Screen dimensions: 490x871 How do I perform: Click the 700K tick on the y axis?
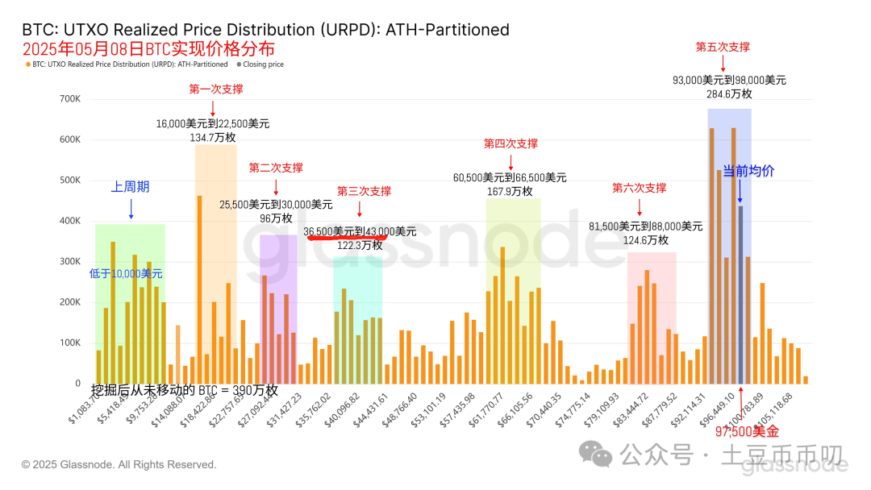coord(68,99)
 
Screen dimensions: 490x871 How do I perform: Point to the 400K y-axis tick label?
coord(68,221)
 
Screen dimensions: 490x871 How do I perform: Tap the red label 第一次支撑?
coord(216,89)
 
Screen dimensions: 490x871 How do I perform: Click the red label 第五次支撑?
coord(723,48)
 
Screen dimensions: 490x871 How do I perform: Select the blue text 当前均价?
coord(748,171)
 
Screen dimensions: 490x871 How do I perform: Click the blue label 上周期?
coord(131,187)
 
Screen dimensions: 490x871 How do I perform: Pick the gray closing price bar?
coord(740,294)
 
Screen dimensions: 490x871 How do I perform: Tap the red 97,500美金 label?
coord(748,432)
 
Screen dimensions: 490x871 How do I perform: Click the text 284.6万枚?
coord(728,94)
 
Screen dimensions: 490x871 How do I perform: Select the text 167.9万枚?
coord(510,191)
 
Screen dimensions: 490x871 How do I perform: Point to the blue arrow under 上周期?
coord(131,209)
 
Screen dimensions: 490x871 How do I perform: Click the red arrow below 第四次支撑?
coord(510,160)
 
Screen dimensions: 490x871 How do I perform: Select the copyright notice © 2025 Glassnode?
coord(119,465)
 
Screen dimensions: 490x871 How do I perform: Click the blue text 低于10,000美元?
coord(126,274)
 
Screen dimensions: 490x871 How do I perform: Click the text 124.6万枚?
coord(645,240)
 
